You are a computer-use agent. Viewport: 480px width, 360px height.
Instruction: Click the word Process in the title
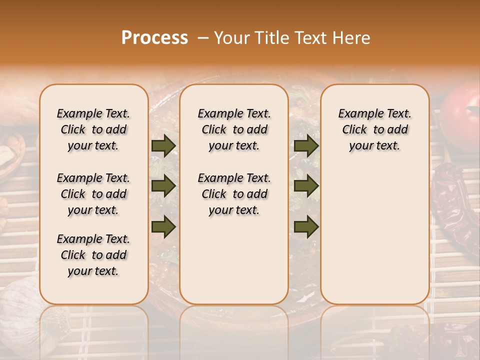pyautogui.click(x=154, y=38)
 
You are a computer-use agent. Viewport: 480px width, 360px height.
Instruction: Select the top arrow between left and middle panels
pyautogui.click(x=163, y=145)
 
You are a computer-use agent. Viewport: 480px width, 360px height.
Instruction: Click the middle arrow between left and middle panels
pyautogui.click(x=163, y=186)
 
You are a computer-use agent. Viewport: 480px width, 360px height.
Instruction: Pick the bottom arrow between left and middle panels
pyautogui.click(x=163, y=226)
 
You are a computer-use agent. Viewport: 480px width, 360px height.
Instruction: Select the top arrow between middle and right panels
pyautogui.click(x=306, y=145)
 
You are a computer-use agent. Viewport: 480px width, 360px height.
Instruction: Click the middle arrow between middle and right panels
pyautogui.click(x=306, y=186)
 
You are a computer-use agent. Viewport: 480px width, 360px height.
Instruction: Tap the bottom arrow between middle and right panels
pyautogui.click(x=306, y=226)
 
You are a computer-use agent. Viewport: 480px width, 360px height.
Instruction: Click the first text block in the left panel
pyautogui.click(x=93, y=129)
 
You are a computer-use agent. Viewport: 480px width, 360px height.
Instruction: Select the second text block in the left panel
pyautogui.click(x=93, y=194)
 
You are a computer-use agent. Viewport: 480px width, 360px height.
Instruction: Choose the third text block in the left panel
pyautogui.click(x=93, y=255)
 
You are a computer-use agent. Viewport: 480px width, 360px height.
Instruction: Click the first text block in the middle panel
pyautogui.click(x=234, y=129)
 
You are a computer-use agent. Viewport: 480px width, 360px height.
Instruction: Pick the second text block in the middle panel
pyautogui.click(x=234, y=194)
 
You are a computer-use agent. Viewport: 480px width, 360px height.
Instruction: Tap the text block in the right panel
pyautogui.click(x=374, y=129)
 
